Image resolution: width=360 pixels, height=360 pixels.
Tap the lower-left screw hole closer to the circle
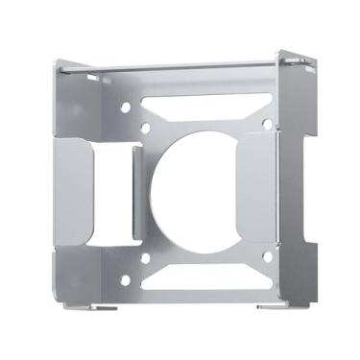tap(145, 256)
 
